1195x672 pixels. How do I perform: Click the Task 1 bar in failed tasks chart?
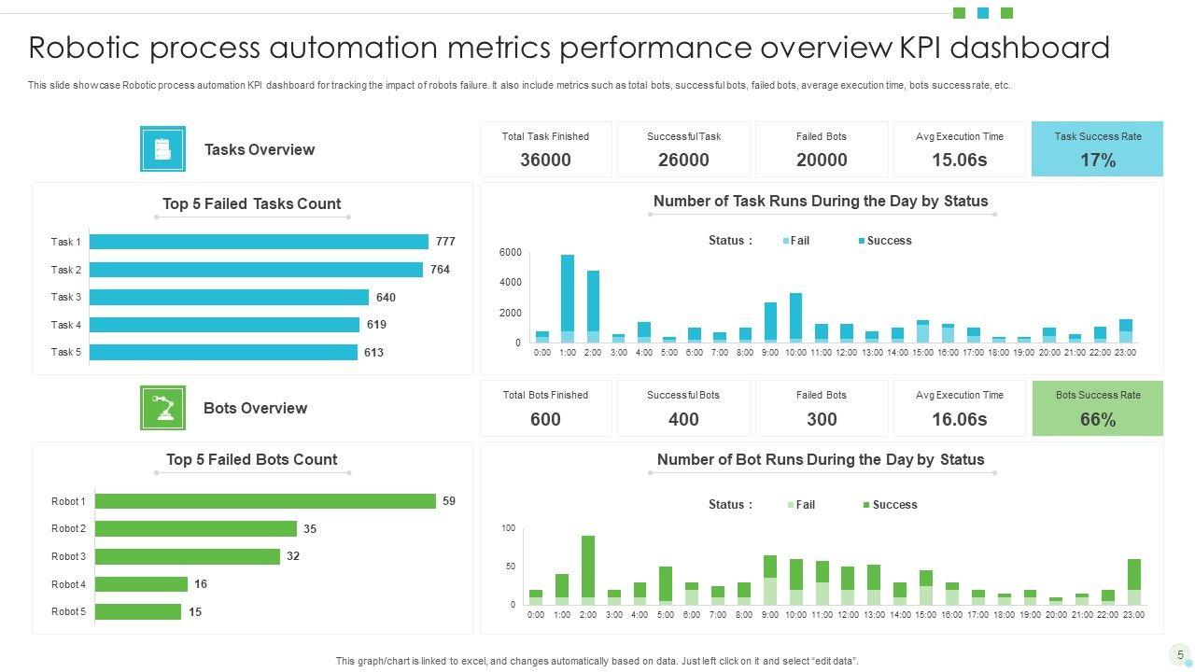point(259,242)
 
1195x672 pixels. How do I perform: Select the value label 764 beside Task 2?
point(440,270)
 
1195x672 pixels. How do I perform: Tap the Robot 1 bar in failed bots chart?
point(265,501)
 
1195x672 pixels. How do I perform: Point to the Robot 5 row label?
point(68,612)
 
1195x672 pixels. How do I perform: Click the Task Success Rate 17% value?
point(1098,161)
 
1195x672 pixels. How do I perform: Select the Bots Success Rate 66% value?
point(1098,420)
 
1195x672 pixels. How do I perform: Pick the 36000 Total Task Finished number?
point(545,161)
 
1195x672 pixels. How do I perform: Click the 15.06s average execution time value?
point(959,161)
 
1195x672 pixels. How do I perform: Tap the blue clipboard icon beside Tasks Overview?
point(162,149)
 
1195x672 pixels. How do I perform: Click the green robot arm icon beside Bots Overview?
point(162,408)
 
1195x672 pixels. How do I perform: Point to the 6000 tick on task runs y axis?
point(511,253)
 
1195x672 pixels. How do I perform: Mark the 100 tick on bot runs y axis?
point(509,528)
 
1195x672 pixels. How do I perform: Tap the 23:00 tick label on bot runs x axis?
point(1133,615)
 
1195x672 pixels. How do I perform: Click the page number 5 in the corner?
point(1180,655)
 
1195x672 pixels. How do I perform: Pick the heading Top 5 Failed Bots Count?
point(251,459)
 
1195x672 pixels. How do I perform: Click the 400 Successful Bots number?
point(683,420)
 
